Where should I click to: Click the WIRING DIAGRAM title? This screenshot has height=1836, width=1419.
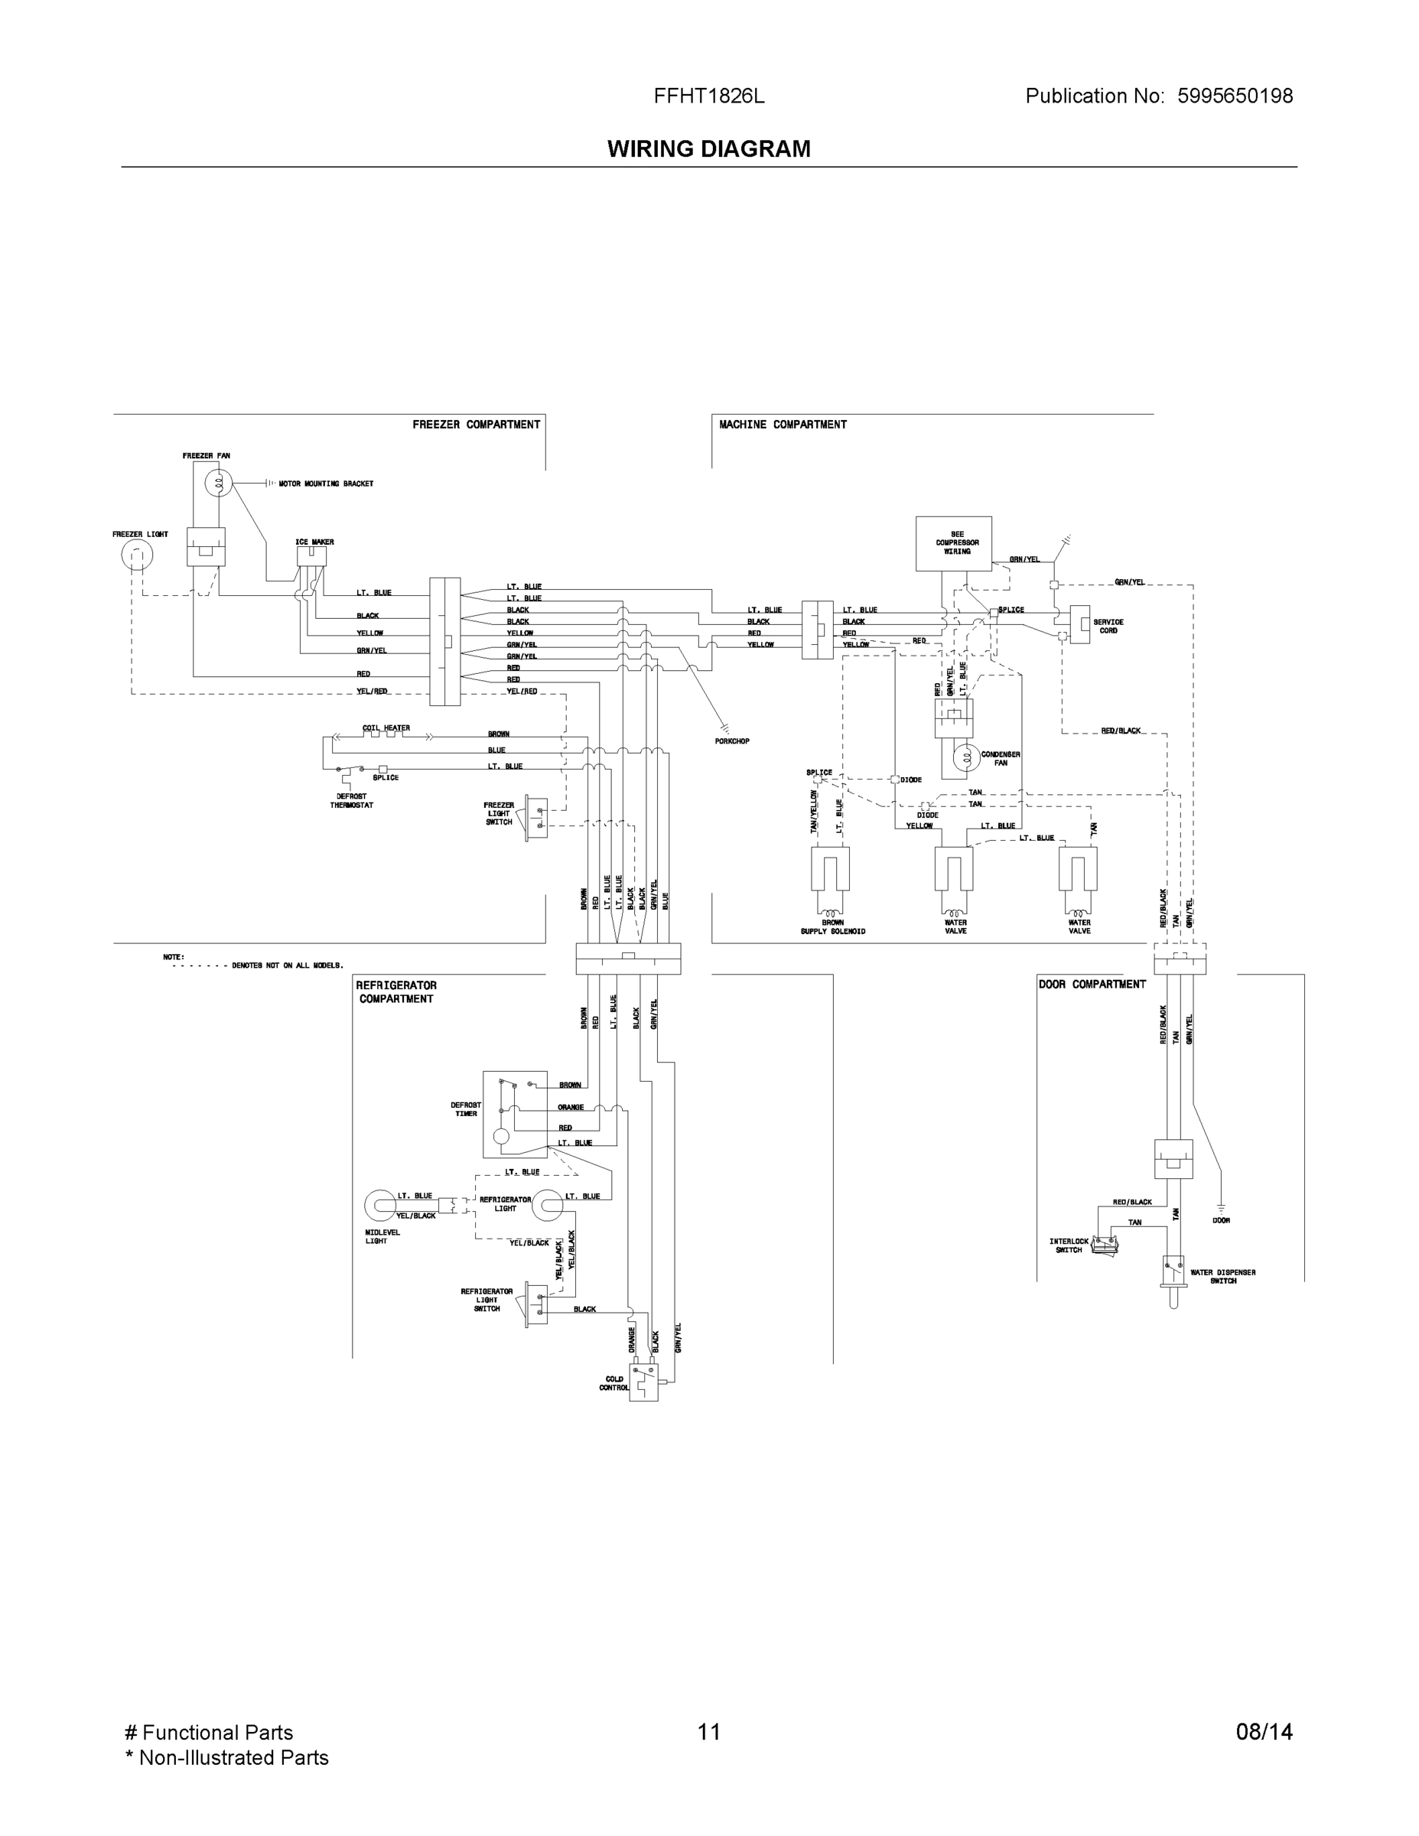[708, 149]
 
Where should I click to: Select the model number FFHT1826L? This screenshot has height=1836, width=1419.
[708, 96]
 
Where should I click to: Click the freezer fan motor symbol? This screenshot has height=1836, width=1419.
[219, 483]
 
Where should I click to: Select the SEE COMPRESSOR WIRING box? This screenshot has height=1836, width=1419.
[953, 543]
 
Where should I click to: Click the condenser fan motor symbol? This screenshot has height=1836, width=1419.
[966, 757]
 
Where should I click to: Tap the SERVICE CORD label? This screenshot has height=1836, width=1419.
[1108, 627]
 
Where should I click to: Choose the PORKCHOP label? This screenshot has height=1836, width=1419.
[731, 741]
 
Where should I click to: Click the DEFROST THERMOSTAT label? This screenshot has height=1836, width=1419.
[351, 800]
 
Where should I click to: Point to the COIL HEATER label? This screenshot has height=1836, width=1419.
[386, 728]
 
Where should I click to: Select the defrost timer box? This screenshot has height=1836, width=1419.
[515, 1114]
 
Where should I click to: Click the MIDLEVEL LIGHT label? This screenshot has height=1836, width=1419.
[382, 1236]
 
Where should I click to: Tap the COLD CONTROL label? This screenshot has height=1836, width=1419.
[614, 1383]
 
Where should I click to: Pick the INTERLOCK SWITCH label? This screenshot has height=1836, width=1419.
[1069, 1245]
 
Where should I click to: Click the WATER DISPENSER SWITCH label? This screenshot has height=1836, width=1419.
[1223, 1276]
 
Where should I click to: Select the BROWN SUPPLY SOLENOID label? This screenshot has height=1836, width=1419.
[832, 927]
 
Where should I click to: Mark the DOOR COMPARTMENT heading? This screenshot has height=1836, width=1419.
[1092, 985]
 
